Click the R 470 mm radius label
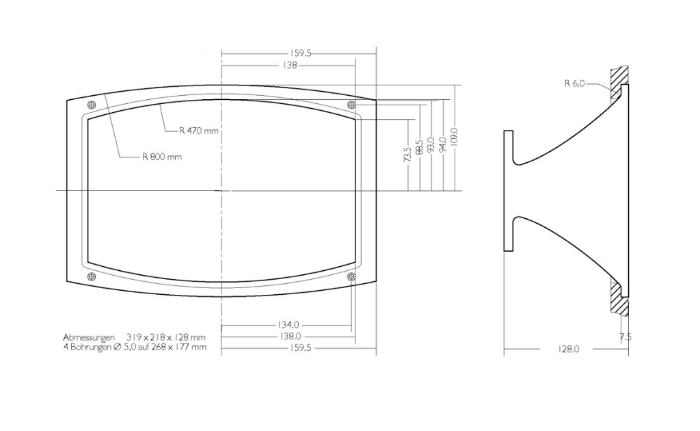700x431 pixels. (x=199, y=131)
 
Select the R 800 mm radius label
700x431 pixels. (x=162, y=157)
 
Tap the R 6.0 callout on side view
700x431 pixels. (x=574, y=83)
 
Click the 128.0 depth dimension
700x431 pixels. (x=568, y=350)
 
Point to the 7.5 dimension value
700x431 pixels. (x=625, y=337)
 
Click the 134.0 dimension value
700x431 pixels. (x=288, y=325)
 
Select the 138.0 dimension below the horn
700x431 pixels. (x=290, y=337)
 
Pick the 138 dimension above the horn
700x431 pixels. (x=290, y=65)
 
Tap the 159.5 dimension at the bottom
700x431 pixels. (x=301, y=348)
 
